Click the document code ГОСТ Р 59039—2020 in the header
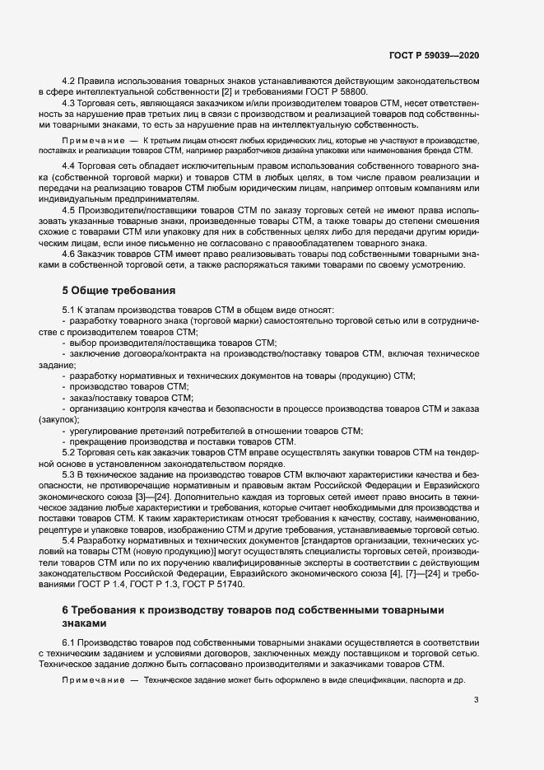point(434,54)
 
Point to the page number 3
point(476,701)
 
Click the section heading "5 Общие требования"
point(119,290)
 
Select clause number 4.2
point(70,81)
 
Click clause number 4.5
point(70,210)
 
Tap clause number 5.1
point(70,310)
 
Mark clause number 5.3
point(70,475)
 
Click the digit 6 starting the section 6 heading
point(66,610)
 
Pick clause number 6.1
point(70,641)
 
